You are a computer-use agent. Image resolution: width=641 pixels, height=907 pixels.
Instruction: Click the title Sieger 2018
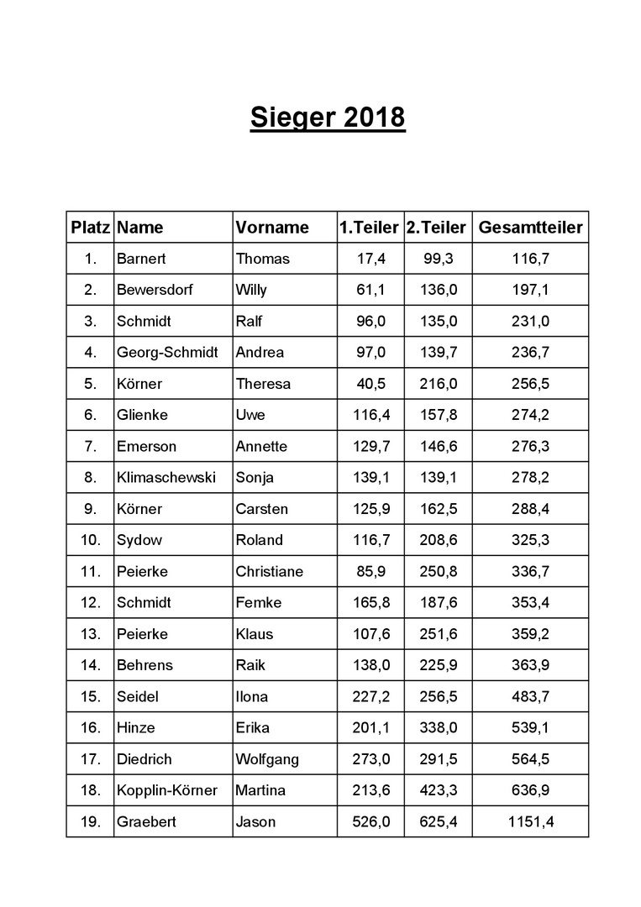(328, 118)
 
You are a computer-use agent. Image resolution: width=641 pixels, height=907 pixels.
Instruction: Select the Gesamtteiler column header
(529, 227)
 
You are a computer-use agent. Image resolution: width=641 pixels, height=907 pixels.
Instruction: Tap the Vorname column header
(272, 227)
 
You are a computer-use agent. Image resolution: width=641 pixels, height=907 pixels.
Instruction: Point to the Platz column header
(91, 227)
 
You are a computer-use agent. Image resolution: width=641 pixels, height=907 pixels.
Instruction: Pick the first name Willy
(251, 290)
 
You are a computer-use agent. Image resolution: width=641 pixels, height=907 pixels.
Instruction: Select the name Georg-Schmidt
(167, 353)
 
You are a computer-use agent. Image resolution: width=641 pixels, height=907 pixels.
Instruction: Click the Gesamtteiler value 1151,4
(531, 821)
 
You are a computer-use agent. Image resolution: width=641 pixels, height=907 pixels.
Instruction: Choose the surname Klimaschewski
(166, 478)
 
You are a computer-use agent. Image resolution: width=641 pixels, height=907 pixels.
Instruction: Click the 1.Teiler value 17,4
(370, 259)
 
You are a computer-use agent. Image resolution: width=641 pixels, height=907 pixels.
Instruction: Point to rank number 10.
(91, 540)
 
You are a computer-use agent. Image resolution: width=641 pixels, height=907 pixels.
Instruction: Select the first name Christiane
(270, 571)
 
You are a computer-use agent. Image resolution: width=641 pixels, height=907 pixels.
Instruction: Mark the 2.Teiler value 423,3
(439, 790)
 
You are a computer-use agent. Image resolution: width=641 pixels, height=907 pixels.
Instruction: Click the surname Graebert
(147, 821)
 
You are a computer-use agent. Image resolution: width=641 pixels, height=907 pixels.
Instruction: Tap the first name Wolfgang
(267, 759)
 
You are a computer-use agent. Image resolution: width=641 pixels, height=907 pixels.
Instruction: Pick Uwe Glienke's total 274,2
(531, 415)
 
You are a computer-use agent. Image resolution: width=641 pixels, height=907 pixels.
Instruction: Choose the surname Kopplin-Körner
(167, 790)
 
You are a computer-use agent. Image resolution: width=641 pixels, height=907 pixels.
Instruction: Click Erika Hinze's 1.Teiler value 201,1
(370, 727)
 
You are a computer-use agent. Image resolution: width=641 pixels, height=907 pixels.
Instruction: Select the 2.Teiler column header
(437, 227)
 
